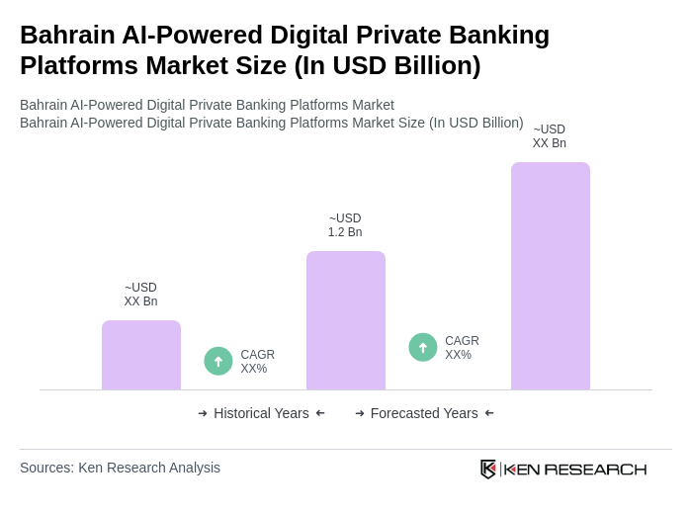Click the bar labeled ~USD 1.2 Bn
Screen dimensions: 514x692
click(345, 320)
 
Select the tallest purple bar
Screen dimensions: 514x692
click(550, 276)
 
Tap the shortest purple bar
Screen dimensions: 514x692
click(140, 355)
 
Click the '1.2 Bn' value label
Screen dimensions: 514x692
click(345, 232)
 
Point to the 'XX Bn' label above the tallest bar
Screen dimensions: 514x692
click(549, 143)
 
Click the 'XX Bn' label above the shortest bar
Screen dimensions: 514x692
click(140, 301)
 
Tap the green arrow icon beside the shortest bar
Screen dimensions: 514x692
click(218, 361)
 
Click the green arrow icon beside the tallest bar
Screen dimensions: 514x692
click(423, 347)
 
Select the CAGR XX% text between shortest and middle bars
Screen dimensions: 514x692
click(257, 362)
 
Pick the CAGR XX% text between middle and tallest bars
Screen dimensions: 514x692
click(462, 348)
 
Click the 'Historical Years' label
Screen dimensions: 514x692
click(261, 413)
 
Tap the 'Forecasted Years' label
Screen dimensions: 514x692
click(424, 413)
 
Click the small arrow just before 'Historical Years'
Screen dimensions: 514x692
click(203, 413)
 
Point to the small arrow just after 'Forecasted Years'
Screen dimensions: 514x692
click(489, 413)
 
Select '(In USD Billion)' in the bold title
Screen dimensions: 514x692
click(388, 65)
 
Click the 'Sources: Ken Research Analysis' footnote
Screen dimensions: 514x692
click(120, 468)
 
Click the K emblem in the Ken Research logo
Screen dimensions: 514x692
click(488, 469)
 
